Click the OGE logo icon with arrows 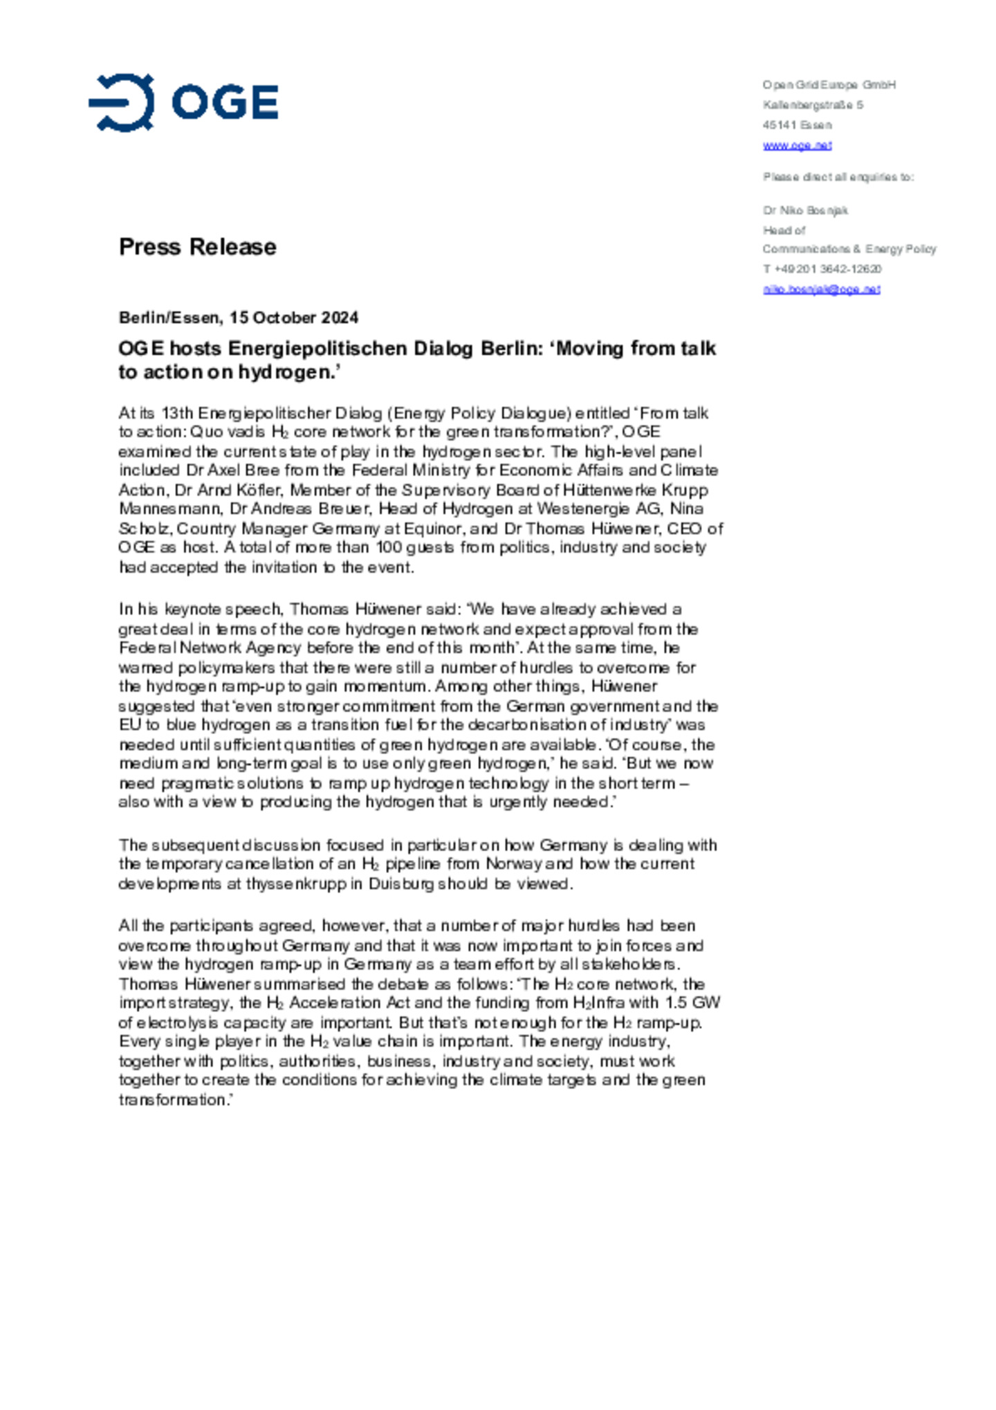(122, 102)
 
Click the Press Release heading (197, 247)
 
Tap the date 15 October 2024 (294, 318)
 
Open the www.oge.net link (797, 145)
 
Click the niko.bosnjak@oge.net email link (821, 289)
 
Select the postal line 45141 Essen (797, 125)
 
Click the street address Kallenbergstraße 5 (813, 105)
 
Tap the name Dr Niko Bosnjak (805, 210)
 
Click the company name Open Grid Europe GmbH (829, 85)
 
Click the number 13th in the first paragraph (177, 413)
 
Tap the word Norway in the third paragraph (513, 864)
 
